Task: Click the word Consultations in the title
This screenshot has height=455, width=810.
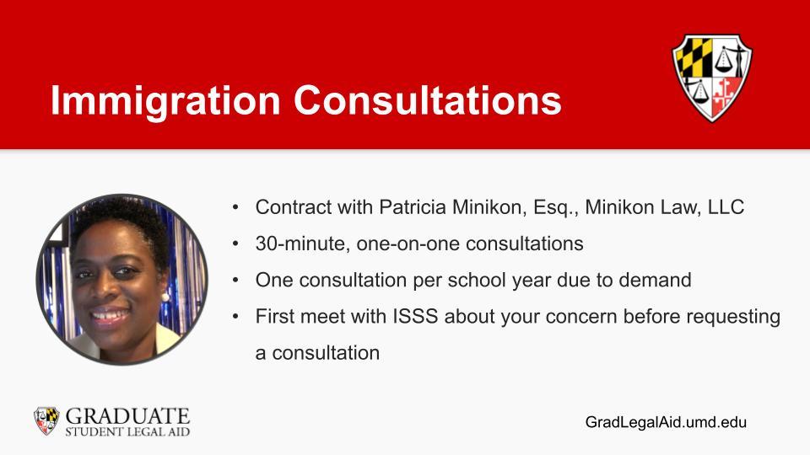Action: coord(428,99)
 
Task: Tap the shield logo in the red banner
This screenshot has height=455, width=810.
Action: coord(712,78)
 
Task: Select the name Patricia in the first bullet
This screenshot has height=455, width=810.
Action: coord(413,207)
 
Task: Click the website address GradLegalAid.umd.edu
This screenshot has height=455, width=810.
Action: coord(666,422)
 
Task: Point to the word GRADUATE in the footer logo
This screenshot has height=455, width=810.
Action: coord(127,415)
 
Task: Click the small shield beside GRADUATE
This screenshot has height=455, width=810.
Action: coord(46,420)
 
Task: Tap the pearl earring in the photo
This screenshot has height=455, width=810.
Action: coord(165,297)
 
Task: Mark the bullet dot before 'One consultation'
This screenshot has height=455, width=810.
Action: coord(235,280)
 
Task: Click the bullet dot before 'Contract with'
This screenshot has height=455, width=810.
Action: coord(235,207)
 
